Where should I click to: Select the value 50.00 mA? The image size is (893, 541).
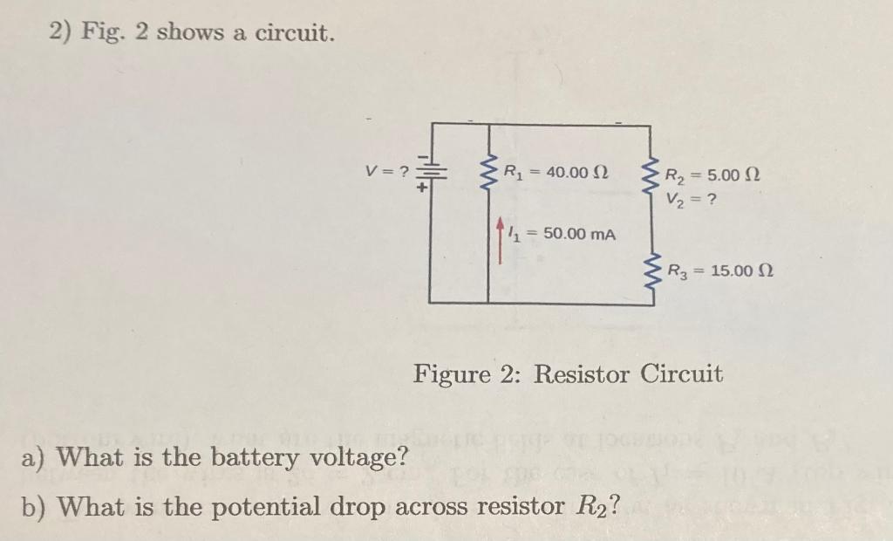[x=580, y=234]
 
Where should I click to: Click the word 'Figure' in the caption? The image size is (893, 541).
[x=452, y=375]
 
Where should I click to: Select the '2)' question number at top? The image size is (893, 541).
[x=60, y=32]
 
